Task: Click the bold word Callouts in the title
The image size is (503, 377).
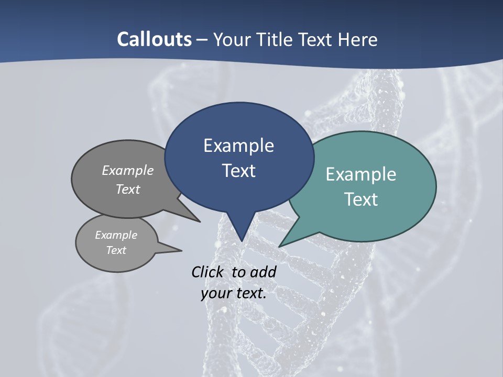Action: click(154, 39)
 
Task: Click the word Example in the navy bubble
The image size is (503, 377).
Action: click(238, 146)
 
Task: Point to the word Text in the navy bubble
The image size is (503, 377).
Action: click(238, 171)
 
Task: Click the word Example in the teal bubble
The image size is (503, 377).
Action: click(361, 174)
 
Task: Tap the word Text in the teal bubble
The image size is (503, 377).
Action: click(361, 199)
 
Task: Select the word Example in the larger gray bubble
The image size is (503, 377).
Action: click(128, 170)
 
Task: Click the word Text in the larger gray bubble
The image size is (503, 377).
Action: click(128, 189)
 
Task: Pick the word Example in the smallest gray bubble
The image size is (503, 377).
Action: click(116, 235)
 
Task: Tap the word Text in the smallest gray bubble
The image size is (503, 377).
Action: click(116, 250)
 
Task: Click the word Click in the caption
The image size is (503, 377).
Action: click(207, 272)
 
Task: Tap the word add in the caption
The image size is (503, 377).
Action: click(263, 272)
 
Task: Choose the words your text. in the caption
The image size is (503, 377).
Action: click(234, 293)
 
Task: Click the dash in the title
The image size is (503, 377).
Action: click(203, 40)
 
